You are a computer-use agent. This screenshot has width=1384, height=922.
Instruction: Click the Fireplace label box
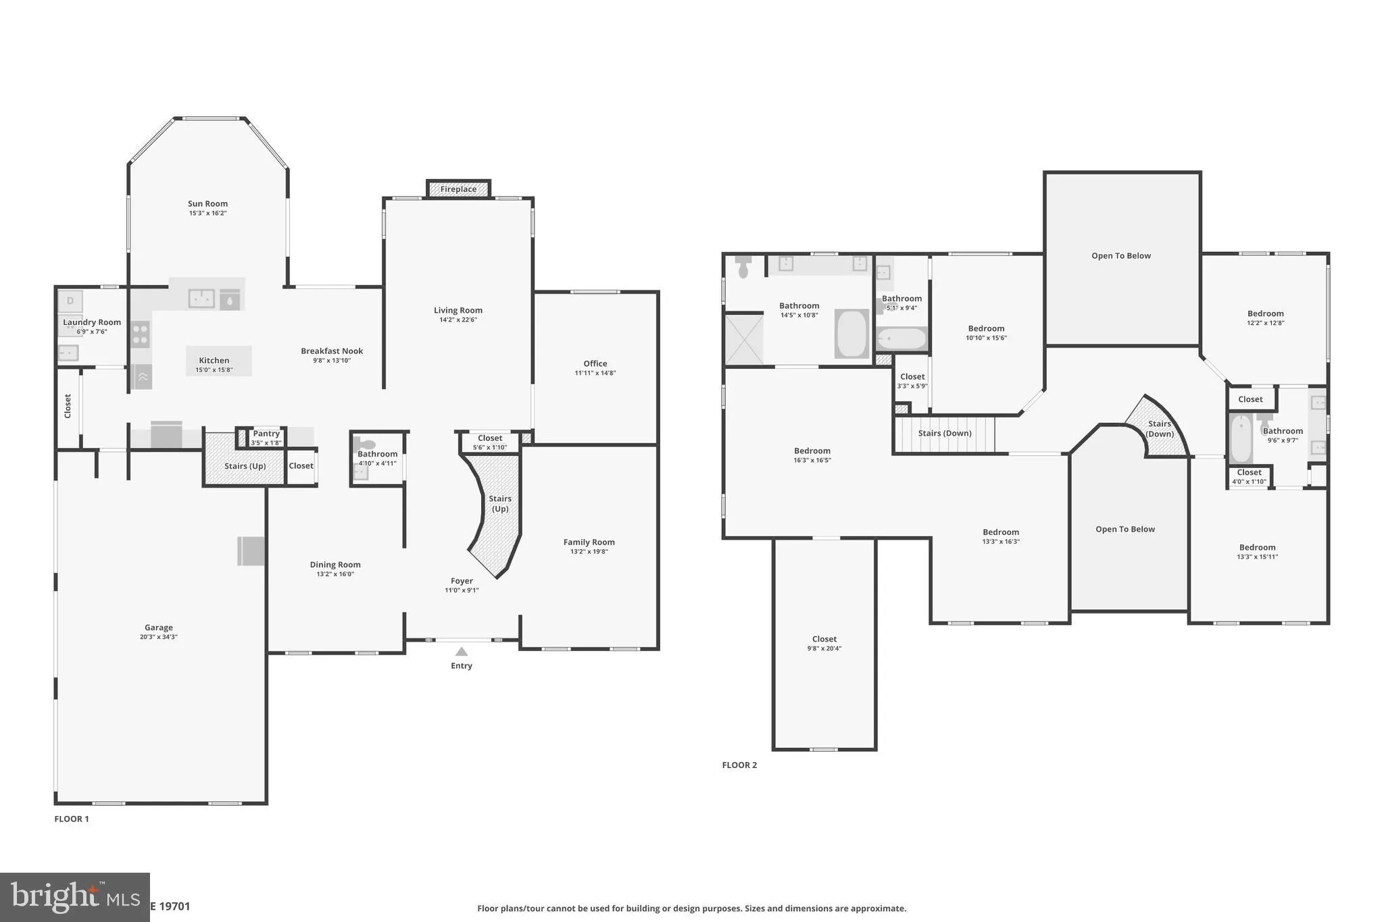pos(458,189)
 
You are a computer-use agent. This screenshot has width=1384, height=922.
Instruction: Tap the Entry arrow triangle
pos(462,652)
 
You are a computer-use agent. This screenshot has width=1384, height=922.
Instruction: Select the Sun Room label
pos(207,203)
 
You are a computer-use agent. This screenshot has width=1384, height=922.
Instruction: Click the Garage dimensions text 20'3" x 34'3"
pos(159,637)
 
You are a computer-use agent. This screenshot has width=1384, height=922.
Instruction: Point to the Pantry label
pos(266,434)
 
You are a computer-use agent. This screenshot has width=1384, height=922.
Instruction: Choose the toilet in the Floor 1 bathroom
pos(365,444)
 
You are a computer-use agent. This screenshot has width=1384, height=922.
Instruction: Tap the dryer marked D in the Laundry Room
pos(70,301)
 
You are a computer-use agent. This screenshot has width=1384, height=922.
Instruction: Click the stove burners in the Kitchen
pos(140,334)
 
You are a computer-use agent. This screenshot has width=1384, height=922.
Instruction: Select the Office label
pos(595,363)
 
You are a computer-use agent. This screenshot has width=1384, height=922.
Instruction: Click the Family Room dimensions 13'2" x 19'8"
pos(589,552)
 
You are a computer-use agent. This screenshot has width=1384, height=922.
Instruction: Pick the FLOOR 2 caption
pos(739,765)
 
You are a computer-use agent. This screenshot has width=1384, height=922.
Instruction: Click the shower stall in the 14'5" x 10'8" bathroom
pos(744,340)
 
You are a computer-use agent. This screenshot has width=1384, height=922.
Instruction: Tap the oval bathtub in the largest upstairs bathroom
pos(851,334)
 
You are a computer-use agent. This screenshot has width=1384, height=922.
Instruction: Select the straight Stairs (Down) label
pos(945,433)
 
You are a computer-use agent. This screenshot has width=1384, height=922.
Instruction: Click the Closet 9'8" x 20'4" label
pos(824,639)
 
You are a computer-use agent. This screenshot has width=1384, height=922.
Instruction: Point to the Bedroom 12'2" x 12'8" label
pos(1265,313)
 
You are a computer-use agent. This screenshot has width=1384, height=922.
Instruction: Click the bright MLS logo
pos(74,897)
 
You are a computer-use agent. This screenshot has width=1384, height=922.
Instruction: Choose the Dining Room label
pos(335,565)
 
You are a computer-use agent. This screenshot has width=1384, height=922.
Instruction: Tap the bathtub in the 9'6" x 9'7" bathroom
pos(1241,439)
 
